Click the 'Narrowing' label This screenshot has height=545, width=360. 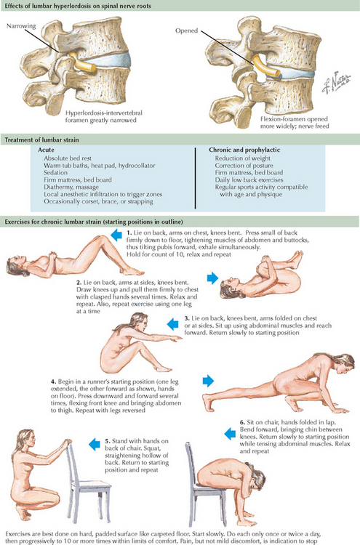pyautogui.click(x=21, y=26)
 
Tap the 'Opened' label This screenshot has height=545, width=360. pyautogui.click(x=186, y=31)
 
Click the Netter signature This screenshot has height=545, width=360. pyautogui.click(x=336, y=82)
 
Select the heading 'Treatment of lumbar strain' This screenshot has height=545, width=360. pyautogui.click(x=41, y=140)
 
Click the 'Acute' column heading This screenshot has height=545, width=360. pyautogui.click(x=46, y=150)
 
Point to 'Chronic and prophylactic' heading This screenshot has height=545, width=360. pyautogui.click(x=244, y=150)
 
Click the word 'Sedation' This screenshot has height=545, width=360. pyautogui.click(x=56, y=173)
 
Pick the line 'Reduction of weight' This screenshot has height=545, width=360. pyautogui.click(x=242, y=158)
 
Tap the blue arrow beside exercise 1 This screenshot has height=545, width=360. pyautogui.click(x=116, y=235)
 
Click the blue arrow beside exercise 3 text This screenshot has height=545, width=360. pyautogui.click(x=173, y=324)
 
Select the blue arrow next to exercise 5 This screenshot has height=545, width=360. pyautogui.click(x=95, y=444)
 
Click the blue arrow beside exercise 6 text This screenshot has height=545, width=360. pyautogui.click(x=230, y=434)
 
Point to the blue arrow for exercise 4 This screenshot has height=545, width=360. pyautogui.click(x=208, y=381)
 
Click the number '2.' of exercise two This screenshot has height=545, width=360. pyautogui.click(x=79, y=283)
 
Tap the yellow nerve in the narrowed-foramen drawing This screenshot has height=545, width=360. pyautogui.click(x=82, y=62)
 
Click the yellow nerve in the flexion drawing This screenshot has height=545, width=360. pyautogui.click(x=265, y=66)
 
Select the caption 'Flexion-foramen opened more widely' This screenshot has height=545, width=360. pyautogui.click(x=295, y=122)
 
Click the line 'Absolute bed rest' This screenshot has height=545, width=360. pyautogui.click(x=68, y=158)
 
